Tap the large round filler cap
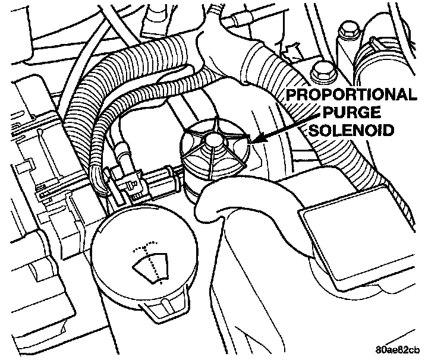point(143,255)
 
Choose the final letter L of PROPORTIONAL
point(411,95)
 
